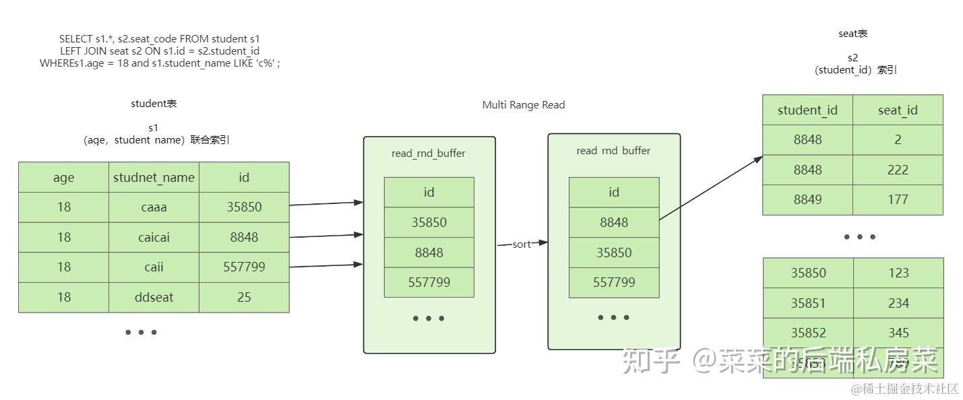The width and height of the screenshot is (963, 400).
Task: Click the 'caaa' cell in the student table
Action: (154, 207)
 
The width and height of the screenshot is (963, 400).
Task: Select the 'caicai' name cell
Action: (154, 237)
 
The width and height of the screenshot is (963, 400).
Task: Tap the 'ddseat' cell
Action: (154, 297)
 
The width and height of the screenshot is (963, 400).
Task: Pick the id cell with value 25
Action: (244, 297)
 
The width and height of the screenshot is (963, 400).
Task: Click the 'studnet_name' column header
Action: (154, 177)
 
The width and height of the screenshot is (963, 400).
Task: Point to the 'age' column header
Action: (63, 177)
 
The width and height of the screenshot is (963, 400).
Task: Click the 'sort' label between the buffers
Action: (522, 244)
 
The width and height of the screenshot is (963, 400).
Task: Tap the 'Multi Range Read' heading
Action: (524, 105)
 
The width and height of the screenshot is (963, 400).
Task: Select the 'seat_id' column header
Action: (898, 110)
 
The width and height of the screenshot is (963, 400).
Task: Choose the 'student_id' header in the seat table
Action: (807, 110)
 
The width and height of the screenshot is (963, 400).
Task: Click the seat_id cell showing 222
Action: (898, 170)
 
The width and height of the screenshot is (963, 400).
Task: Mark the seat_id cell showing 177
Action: (898, 199)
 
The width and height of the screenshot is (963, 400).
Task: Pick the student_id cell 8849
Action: (807, 199)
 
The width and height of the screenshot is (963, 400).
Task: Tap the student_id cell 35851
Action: (808, 303)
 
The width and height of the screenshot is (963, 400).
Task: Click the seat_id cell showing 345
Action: (898, 333)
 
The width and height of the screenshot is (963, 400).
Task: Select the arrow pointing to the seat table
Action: (711, 189)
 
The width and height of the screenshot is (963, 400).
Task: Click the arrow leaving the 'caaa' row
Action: (326, 203)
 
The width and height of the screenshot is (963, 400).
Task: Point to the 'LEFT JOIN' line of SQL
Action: (160, 51)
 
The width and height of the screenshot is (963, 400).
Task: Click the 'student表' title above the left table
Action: (154, 104)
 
